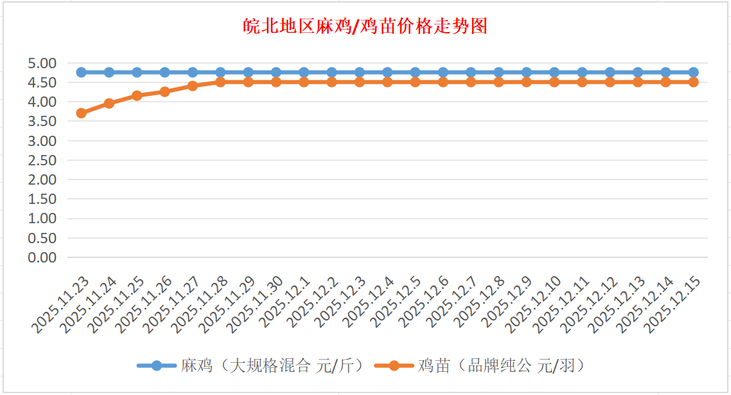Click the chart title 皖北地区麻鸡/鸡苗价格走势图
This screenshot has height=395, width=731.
(365, 26)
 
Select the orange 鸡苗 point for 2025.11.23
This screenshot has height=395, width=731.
(82, 113)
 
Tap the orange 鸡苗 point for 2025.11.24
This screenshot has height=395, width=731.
(109, 103)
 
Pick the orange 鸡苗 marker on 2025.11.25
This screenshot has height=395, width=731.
(137, 96)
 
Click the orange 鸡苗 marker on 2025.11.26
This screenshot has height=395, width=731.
(165, 91)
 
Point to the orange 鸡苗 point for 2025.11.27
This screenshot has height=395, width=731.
(193, 86)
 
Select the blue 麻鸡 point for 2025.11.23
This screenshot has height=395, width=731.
(82, 72)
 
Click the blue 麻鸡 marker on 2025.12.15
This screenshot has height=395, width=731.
(694, 72)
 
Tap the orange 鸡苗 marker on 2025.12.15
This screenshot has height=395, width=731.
(694, 82)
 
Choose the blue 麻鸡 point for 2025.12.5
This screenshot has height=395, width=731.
(415, 72)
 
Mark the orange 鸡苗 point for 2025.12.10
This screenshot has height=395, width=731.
(554, 82)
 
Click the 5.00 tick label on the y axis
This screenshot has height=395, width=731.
(42, 63)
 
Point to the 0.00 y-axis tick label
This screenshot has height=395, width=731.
(42, 257)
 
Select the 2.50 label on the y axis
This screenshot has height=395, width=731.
(42, 160)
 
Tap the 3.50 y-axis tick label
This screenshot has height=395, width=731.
(42, 121)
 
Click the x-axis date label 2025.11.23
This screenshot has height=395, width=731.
(62, 306)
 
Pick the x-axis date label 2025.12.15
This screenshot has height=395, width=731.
(674, 306)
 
